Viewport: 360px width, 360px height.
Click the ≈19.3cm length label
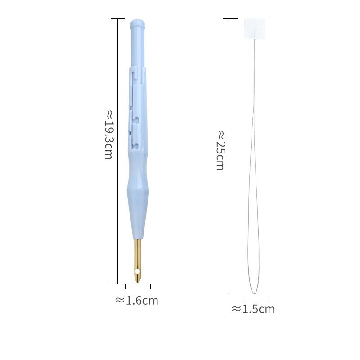point(108,135)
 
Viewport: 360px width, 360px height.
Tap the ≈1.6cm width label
point(137,301)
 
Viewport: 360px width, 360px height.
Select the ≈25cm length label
point(220,150)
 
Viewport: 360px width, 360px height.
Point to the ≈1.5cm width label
point(253,309)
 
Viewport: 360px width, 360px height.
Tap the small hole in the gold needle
point(138,272)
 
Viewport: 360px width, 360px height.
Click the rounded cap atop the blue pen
point(138,23)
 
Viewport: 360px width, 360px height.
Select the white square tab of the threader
point(254,29)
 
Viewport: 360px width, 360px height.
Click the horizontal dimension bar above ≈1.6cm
point(138,287)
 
